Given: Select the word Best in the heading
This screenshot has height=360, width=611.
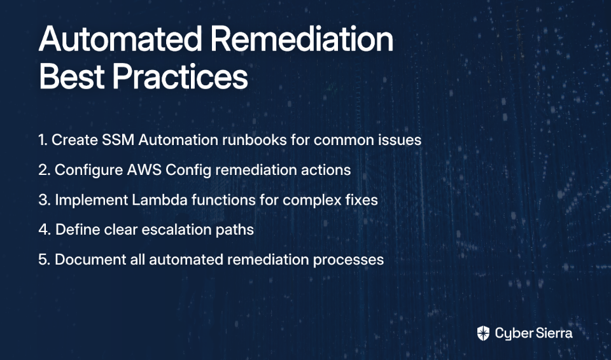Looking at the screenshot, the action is pos(72,76).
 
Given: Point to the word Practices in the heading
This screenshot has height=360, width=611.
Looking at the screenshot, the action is pos(180,76).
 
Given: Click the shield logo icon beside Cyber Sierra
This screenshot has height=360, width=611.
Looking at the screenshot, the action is pos(483,333).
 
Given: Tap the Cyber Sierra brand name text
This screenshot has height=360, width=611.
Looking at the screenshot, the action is pos(534,333).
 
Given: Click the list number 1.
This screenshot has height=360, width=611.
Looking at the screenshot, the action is pos(43,140).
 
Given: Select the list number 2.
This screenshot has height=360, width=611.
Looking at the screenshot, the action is pos(45,170).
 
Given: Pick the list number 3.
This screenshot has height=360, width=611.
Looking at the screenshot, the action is pos(45,200).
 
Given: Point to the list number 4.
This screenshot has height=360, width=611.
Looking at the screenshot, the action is pos(45,230).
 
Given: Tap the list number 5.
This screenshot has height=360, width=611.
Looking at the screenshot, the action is pos(45,260).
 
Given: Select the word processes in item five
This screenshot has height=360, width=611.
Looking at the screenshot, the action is pos(348,260).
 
